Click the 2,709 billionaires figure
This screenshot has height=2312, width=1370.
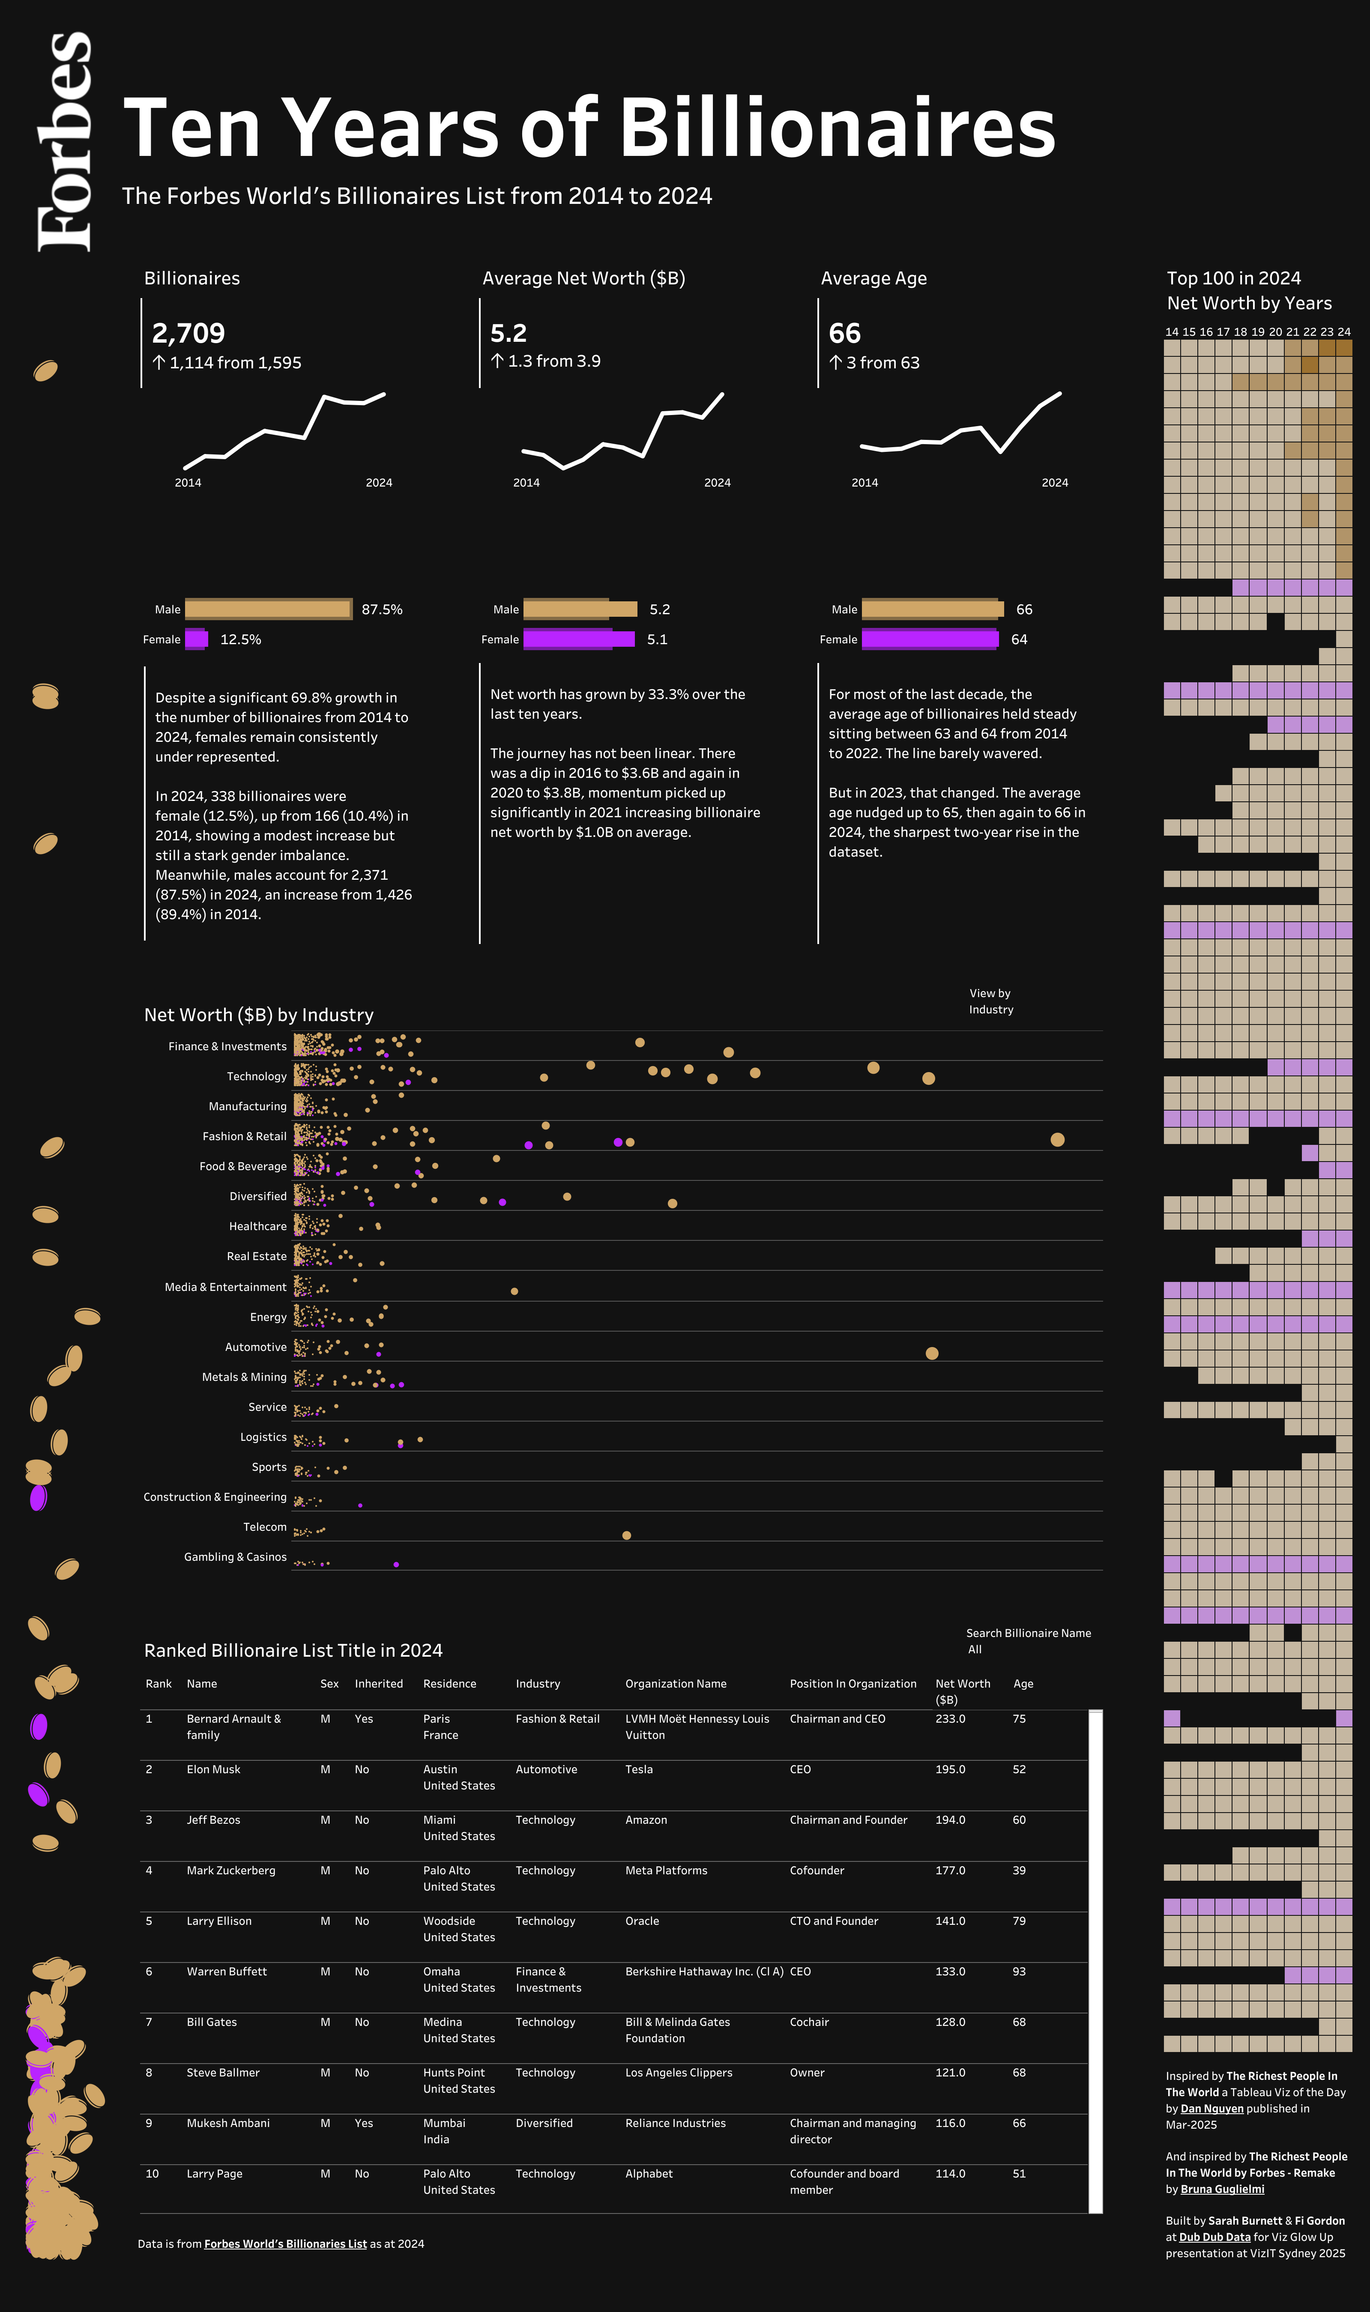[188, 333]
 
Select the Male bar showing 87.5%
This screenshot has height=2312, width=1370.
[268, 609]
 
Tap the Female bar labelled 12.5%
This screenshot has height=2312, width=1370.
[196, 639]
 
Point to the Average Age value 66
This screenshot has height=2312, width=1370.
[844, 333]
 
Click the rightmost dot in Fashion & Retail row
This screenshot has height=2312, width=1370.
[1057, 1140]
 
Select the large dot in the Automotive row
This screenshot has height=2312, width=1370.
[931, 1353]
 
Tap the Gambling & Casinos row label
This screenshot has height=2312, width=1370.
[236, 1557]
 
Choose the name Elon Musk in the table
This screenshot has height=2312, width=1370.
[213, 1769]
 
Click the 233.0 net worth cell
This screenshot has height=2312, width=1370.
[950, 1718]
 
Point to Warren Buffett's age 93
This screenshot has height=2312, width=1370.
[1019, 1971]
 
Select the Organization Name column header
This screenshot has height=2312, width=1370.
[676, 1684]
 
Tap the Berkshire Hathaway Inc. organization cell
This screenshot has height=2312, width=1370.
[703, 1971]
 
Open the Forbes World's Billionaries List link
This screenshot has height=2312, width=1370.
[285, 2244]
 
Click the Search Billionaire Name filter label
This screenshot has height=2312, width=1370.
[1029, 1633]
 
